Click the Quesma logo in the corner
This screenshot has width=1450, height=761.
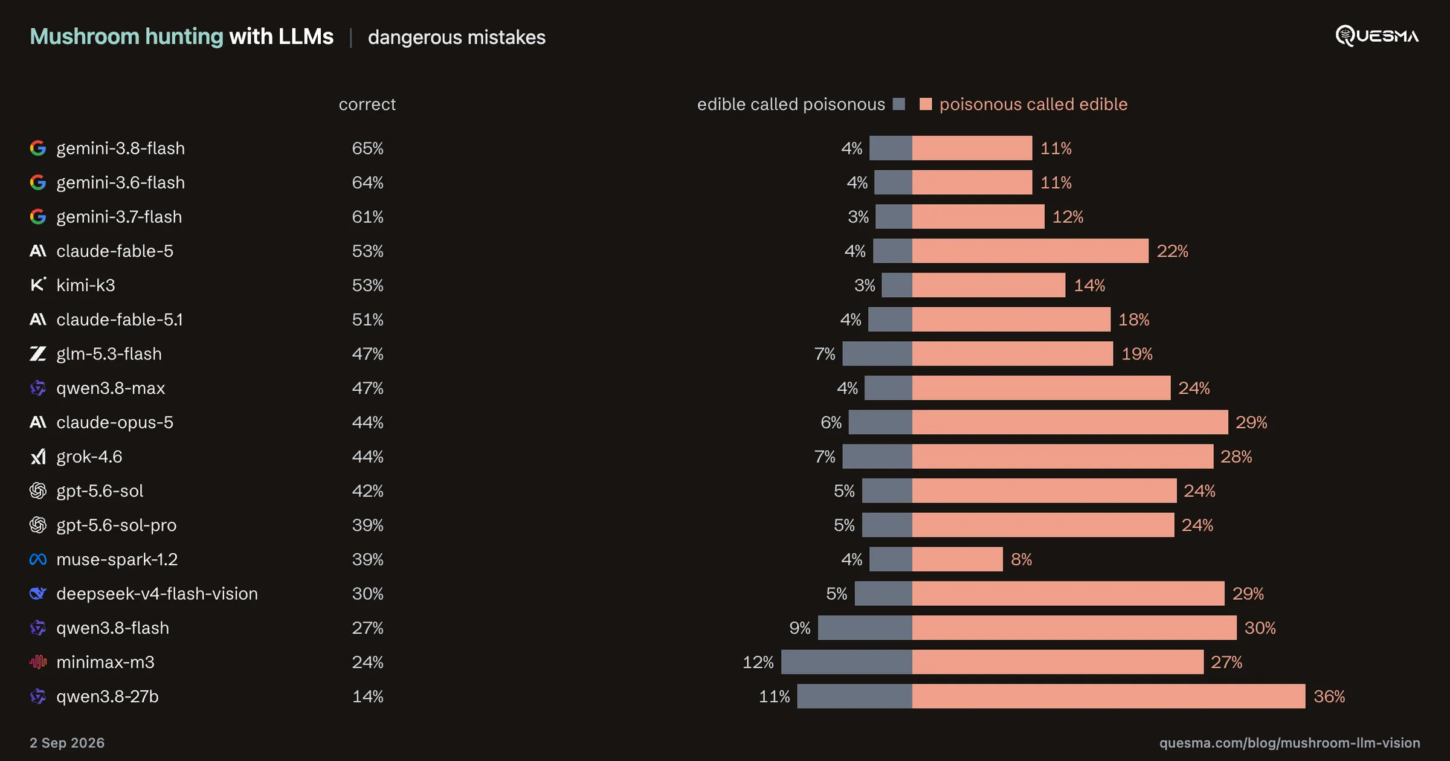(1377, 36)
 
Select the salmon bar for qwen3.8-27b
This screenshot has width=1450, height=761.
(1109, 696)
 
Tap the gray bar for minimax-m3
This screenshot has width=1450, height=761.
(846, 662)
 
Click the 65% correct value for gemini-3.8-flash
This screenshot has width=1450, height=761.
(367, 148)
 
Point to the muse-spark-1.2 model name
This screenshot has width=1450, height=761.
(117, 559)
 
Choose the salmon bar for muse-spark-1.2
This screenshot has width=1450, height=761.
(958, 559)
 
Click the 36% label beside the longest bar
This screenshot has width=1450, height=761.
(1329, 696)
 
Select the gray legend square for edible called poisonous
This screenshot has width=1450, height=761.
(899, 104)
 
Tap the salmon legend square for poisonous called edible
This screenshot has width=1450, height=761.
(926, 104)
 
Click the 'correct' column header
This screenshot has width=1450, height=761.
(367, 104)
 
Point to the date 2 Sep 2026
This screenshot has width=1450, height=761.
(67, 743)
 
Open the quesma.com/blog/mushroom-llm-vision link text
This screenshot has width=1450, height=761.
(1289, 743)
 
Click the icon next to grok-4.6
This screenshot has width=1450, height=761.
(38, 457)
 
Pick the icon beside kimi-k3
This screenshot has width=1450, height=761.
(38, 284)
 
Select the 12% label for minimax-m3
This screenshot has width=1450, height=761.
(758, 662)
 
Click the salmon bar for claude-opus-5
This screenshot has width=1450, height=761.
(1070, 422)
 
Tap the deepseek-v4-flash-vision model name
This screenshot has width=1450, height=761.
(157, 594)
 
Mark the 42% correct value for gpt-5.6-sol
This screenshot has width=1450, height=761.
(367, 490)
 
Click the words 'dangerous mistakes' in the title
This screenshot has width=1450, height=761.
(457, 37)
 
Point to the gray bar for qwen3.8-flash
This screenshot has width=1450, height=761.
(865, 628)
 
